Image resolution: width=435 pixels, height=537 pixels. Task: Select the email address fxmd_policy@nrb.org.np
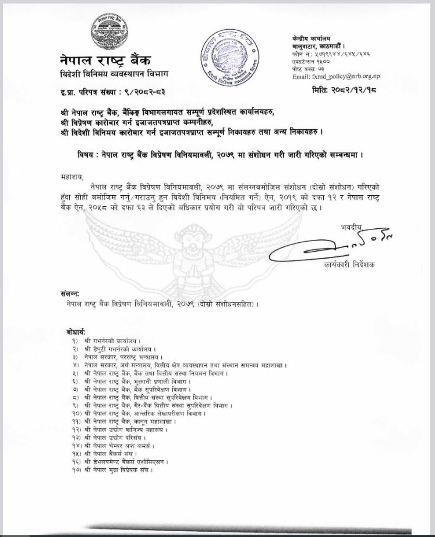pos(336,76)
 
